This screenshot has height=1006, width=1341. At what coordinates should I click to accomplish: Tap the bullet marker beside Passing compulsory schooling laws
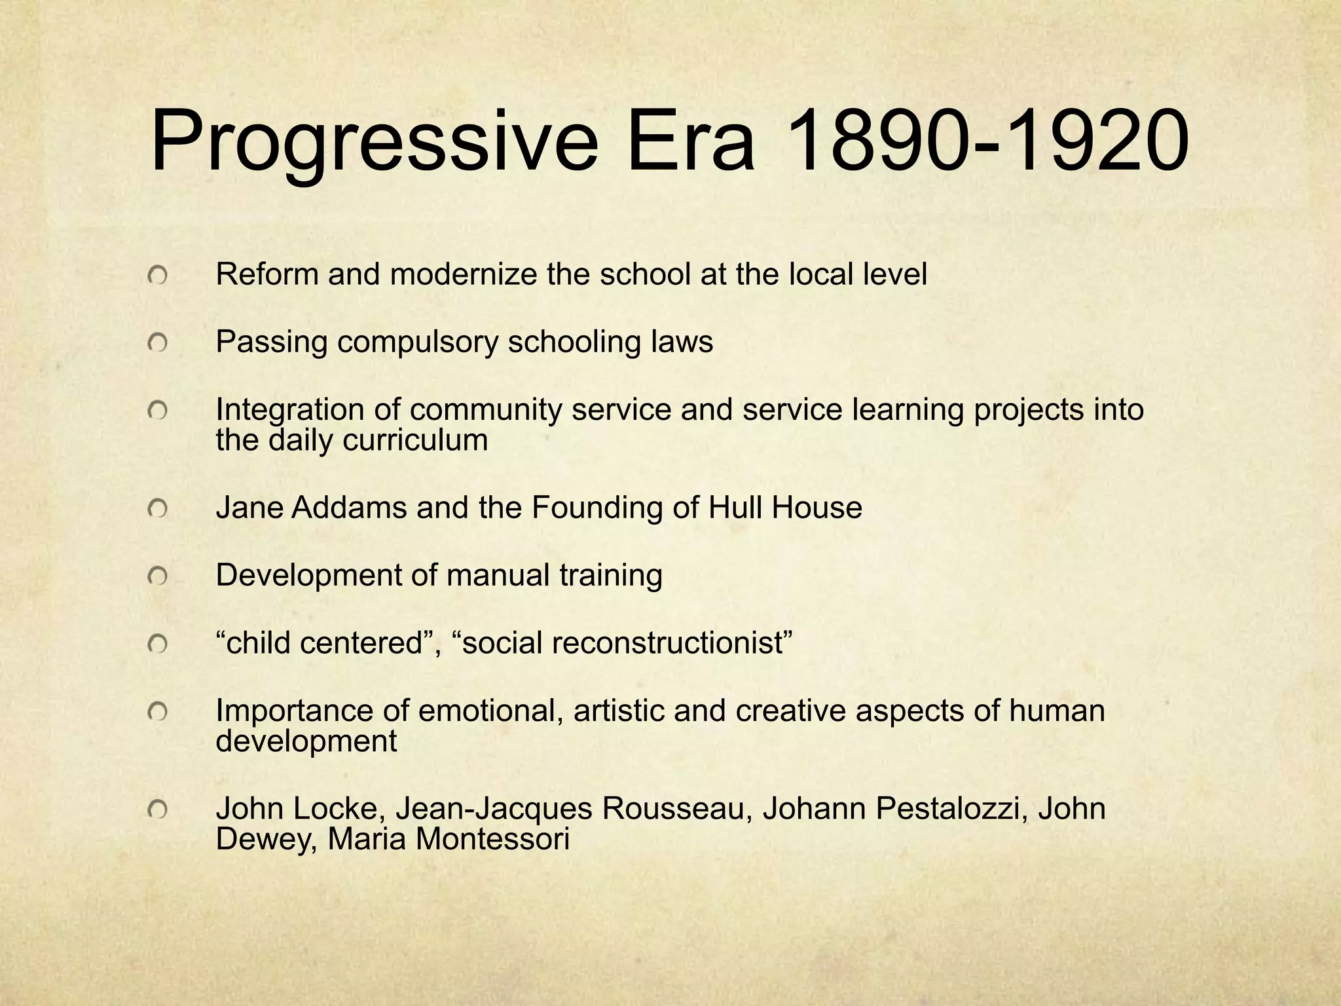pos(157,343)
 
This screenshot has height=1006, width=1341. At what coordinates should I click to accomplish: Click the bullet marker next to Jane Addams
pos(157,508)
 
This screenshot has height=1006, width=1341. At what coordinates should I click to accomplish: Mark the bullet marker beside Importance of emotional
pos(157,711)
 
